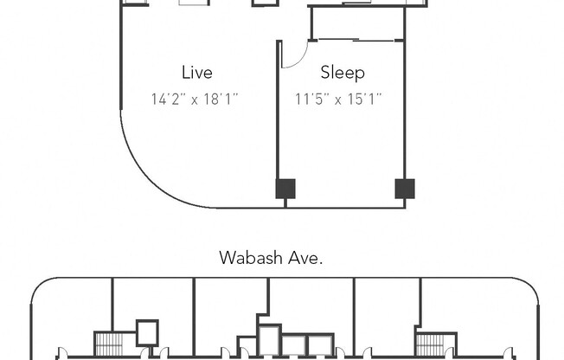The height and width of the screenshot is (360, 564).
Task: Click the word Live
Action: [x=196, y=73]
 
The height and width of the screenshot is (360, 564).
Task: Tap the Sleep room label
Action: [x=343, y=73]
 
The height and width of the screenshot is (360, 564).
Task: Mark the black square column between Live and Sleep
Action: [x=285, y=188]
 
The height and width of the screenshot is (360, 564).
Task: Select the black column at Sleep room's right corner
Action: [x=404, y=188]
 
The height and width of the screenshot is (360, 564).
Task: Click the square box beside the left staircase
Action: [x=147, y=333]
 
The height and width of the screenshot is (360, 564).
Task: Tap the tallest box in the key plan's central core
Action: [x=269, y=340]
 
